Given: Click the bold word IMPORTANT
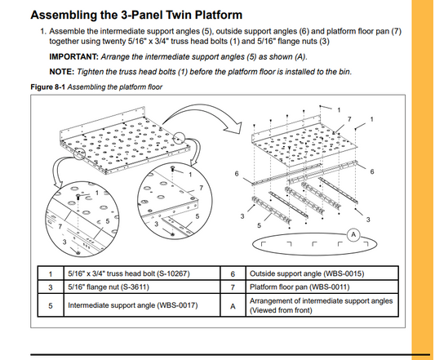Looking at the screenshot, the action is (x=74, y=57).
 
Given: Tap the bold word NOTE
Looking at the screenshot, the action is (x=62, y=72).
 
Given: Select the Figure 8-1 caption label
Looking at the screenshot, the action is (x=47, y=87).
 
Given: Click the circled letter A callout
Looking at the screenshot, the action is (x=353, y=235).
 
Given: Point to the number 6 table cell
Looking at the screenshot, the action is (x=233, y=273).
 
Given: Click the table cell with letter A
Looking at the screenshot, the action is (x=233, y=305).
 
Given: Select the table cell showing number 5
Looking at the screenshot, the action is (x=51, y=305).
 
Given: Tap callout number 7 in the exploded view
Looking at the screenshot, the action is (x=349, y=119).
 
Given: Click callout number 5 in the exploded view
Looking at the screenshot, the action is (x=259, y=225).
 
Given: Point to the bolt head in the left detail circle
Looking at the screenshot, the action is (x=78, y=196).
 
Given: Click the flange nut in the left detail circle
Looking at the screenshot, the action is (x=78, y=253).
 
